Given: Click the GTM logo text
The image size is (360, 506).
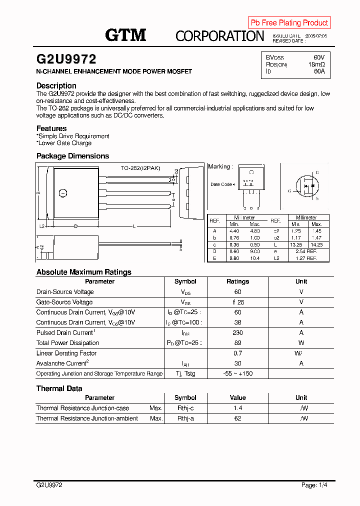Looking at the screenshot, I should [x=125, y=35].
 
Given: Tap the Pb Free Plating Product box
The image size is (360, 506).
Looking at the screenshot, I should [x=289, y=22].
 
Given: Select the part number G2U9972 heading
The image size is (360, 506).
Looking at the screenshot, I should [x=66, y=59].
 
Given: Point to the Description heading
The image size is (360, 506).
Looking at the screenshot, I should [x=56, y=85].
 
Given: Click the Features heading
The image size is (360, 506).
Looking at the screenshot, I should [x=51, y=128].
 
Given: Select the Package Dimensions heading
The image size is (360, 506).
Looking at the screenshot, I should [x=72, y=156].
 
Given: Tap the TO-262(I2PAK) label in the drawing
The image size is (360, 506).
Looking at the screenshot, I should [x=140, y=168].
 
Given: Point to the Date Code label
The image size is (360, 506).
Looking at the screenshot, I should [x=221, y=184].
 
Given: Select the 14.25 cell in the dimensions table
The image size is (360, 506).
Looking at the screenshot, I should [x=316, y=245].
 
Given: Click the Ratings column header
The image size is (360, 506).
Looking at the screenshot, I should [x=237, y=281].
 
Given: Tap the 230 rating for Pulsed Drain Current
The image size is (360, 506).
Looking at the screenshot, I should [x=237, y=332].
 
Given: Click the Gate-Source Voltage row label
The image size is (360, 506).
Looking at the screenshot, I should [x=64, y=302].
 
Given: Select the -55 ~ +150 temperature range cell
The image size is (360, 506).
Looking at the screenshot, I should [x=237, y=373].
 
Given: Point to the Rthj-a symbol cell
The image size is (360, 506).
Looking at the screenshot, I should [x=185, y=418].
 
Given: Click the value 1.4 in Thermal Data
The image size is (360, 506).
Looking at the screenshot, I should [x=237, y=408].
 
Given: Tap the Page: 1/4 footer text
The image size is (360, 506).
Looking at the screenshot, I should [x=314, y=485].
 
